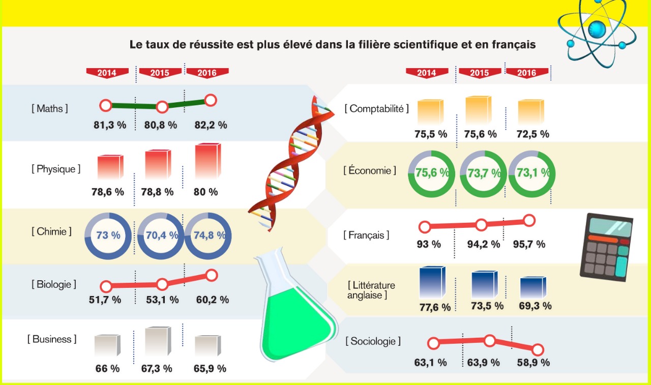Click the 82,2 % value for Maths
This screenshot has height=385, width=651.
pyautogui.click(x=211, y=125)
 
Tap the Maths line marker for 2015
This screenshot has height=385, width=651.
pyautogui.click(x=162, y=107)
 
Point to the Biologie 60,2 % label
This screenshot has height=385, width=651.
pyautogui.click(x=212, y=300)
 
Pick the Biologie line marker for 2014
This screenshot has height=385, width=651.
pyautogui.click(x=106, y=286)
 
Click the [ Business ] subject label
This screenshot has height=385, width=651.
pyautogui.click(x=52, y=339)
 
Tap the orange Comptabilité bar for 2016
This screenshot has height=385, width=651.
pyautogui.click(x=530, y=112)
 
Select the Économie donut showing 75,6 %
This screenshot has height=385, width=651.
pyautogui.click(x=432, y=173)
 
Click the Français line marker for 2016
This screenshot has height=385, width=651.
pyautogui.click(x=529, y=221)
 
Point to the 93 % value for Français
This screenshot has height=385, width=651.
pyautogui.click(x=429, y=244)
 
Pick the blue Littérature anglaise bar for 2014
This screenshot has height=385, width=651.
pyautogui.click(x=432, y=282)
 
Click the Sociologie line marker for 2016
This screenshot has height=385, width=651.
pyautogui.click(x=538, y=350)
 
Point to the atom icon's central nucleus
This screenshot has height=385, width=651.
pyautogui.click(x=597, y=29)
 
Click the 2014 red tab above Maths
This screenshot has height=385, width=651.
pyautogui.click(x=107, y=73)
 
